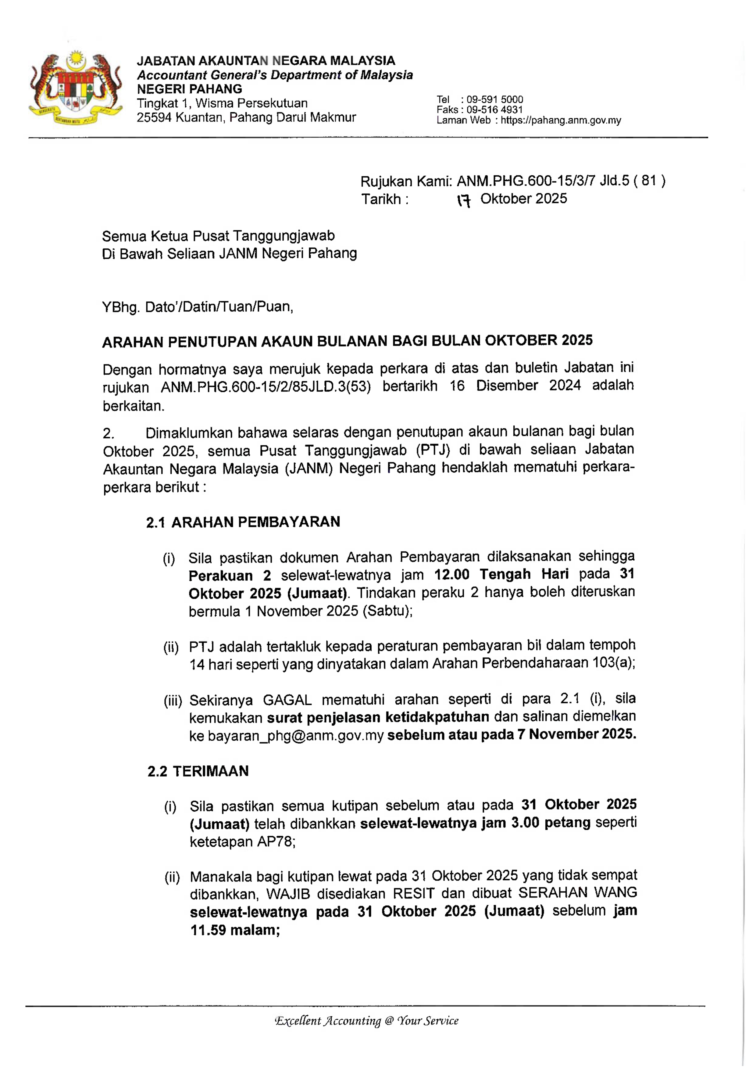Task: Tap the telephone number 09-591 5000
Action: point(495,99)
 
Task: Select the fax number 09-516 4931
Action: point(495,110)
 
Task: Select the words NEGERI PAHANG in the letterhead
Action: point(190,89)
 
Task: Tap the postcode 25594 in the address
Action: point(154,117)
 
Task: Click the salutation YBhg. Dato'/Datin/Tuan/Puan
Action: point(198,307)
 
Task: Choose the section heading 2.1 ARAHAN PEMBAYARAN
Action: point(243,522)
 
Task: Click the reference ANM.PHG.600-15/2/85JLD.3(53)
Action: point(266,387)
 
